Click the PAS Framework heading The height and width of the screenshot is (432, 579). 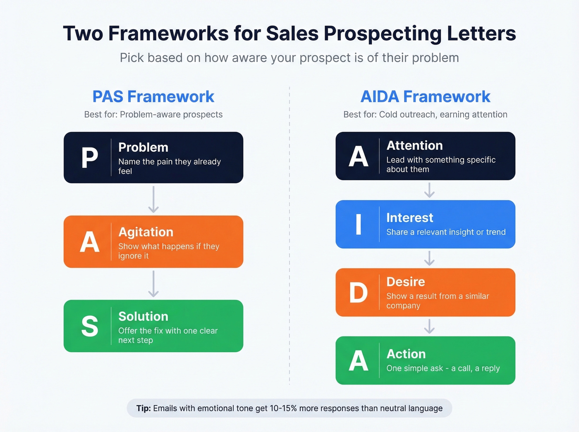coord(153,96)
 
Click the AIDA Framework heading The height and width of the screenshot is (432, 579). coord(425,96)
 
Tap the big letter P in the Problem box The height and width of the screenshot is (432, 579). coord(89,158)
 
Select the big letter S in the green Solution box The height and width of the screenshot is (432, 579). coord(89,326)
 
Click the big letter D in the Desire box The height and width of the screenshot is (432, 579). coord(358,293)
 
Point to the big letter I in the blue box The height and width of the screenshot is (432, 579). coord(358,224)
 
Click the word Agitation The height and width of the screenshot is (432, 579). coord(146,232)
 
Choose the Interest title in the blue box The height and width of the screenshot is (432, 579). coord(409,217)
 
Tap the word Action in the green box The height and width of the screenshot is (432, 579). coord(406,354)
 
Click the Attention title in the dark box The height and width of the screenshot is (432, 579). coord(414,146)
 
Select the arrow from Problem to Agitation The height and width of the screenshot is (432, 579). coord(153,199)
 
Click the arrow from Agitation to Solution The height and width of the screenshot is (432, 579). coord(153,284)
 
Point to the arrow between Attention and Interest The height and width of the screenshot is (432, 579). coord(429,190)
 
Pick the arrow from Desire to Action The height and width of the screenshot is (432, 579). coord(429,326)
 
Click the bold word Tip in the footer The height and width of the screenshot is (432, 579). coord(144,408)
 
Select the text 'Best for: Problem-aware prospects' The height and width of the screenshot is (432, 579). coord(153,115)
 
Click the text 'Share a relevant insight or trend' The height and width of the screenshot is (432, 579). coord(446,232)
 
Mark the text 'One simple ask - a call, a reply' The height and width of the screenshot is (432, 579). coord(443,368)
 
